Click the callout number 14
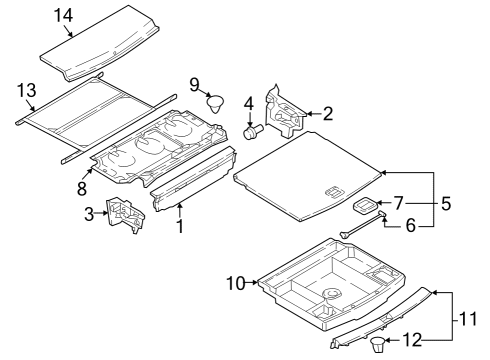[63, 16]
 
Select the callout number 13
[27, 90]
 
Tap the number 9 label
[194, 85]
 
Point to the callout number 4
[249, 104]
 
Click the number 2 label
[328, 114]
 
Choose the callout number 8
[82, 188]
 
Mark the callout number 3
[89, 214]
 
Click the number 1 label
[180, 226]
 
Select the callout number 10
[236, 283]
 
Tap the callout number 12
[412, 340]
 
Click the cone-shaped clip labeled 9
[215, 104]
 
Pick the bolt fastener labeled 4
[253, 131]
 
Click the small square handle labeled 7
[365, 205]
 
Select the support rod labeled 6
[363, 225]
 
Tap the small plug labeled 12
[378, 344]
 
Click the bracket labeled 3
[125, 215]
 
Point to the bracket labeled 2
[285, 111]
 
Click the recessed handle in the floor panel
[334, 193]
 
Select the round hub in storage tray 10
[332, 294]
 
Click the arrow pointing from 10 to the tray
[252, 283]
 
